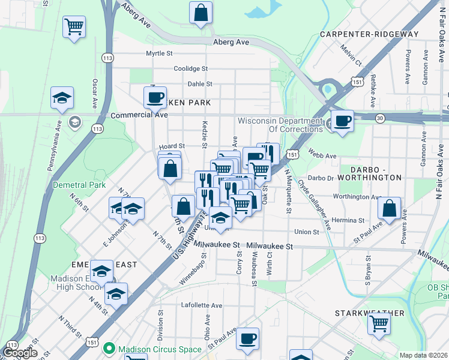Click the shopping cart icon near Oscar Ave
[x=74, y=26]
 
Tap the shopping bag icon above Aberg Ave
[x=201, y=12]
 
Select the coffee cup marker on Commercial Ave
[x=155, y=97]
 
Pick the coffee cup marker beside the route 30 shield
[x=342, y=120]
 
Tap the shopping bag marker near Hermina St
[x=390, y=209]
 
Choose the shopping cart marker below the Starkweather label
[x=379, y=323]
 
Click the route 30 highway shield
[x=380, y=118]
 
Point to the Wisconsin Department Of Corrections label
[x=280, y=125]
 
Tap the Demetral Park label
[x=79, y=185]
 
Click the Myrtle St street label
[x=159, y=53]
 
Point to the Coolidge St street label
[x=190, y=69]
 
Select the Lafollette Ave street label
[x=202, y=305]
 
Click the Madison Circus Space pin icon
[x=109, y=348]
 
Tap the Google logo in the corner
[x=19, y=353]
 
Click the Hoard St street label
[x=172, y=146]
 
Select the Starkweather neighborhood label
[x=369, y=313]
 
